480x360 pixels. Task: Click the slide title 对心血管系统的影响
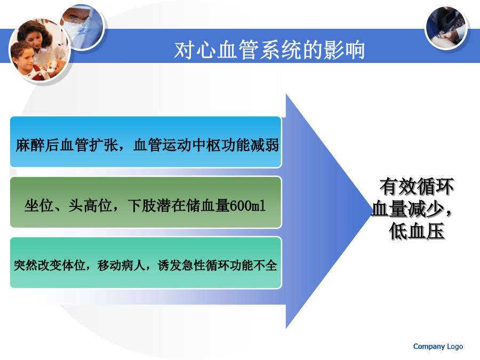point(269,50)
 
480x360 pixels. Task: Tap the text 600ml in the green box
point(247,205)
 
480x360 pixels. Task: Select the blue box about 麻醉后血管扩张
point(146,142)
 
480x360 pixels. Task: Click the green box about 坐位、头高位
point(146,202)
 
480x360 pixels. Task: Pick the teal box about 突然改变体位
point(146,262)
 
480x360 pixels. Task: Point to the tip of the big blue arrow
point(372,211)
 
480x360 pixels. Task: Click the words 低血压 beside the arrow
point(417,231)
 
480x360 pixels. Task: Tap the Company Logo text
point(438,346)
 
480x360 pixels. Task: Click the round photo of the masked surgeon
point(82,27)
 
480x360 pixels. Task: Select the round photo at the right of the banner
point(446,28)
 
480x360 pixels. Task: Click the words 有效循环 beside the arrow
point(417,187)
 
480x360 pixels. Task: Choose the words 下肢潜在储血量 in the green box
point(179,205)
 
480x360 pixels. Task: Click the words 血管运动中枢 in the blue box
point(177,145)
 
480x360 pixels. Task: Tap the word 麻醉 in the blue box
point(30,145)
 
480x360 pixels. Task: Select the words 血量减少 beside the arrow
point(408,209)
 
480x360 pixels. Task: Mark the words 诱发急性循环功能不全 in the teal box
point(218,266)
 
